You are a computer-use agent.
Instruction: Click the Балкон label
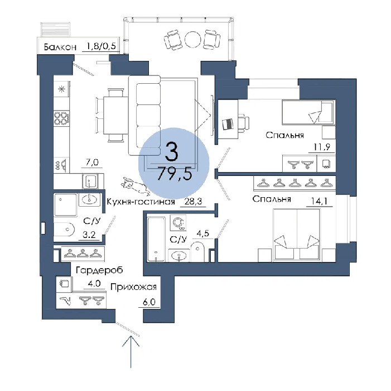point(60,47)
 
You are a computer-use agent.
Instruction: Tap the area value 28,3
point(193,201)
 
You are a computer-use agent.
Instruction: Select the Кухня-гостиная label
point(141,202)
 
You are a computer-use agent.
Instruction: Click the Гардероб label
point(99,270)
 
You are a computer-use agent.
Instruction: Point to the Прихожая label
point(133,287)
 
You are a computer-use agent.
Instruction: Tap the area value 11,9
point(322,147)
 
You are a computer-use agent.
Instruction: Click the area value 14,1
point(319,201)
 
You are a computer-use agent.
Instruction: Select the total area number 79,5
point(175,174)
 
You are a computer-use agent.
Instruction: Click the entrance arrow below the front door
point(131,352)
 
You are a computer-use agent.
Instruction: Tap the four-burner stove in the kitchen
point(61,118)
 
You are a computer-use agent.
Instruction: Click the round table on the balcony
point(193,39)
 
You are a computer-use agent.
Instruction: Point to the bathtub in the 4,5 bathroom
point(156,240)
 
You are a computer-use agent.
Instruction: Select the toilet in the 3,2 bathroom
point(64,229)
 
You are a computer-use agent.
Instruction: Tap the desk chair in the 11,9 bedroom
point(243,123)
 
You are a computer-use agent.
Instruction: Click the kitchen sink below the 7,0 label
point(90,181)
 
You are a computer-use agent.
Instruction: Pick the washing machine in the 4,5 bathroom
point(178,223)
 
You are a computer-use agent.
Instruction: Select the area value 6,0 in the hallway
point(149,302)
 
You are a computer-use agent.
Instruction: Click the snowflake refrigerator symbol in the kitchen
point(61,89)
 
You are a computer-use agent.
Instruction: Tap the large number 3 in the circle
point(172,151)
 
